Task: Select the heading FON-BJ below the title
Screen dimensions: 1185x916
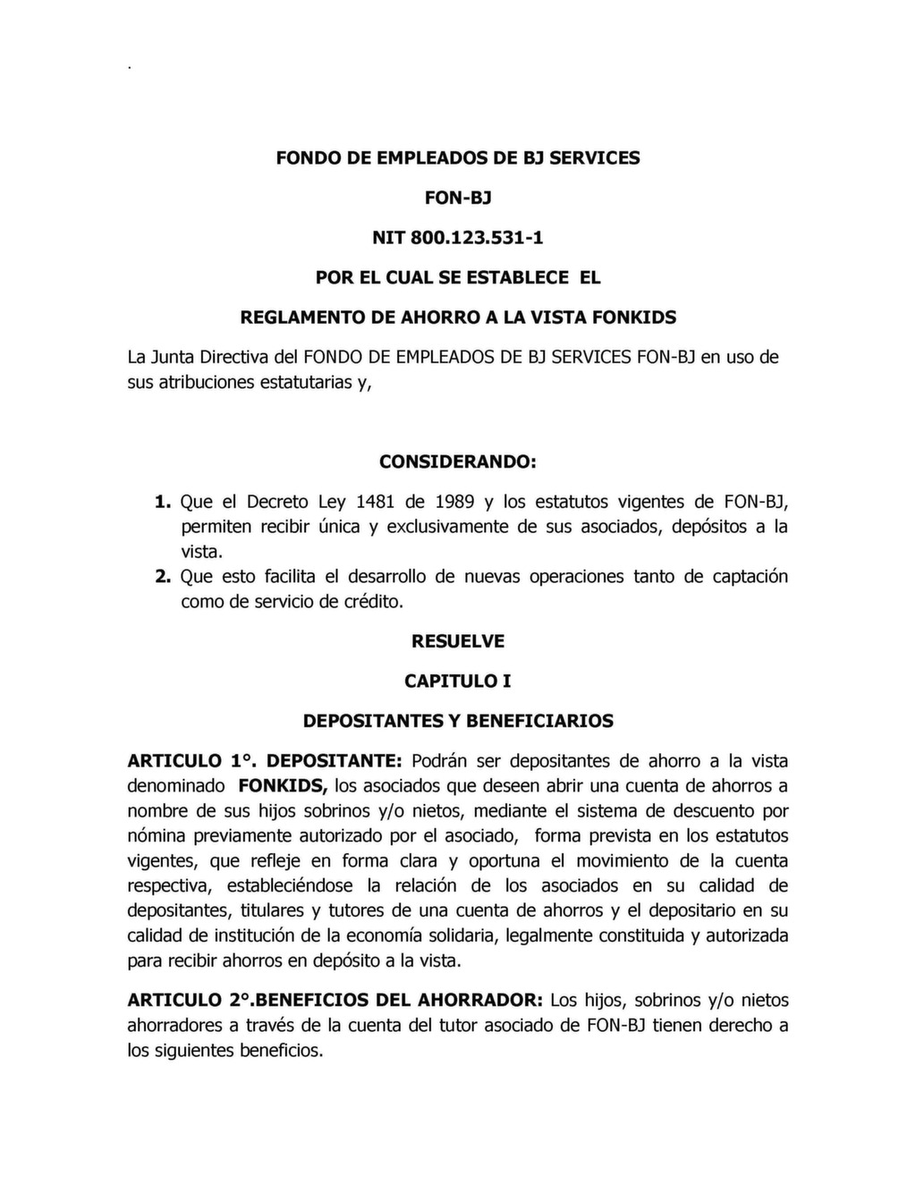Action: point(458,198)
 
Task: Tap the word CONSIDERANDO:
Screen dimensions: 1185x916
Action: point(458,462)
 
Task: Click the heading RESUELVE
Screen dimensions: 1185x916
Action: point(458,641)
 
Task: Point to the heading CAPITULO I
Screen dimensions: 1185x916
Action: point(458,681)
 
